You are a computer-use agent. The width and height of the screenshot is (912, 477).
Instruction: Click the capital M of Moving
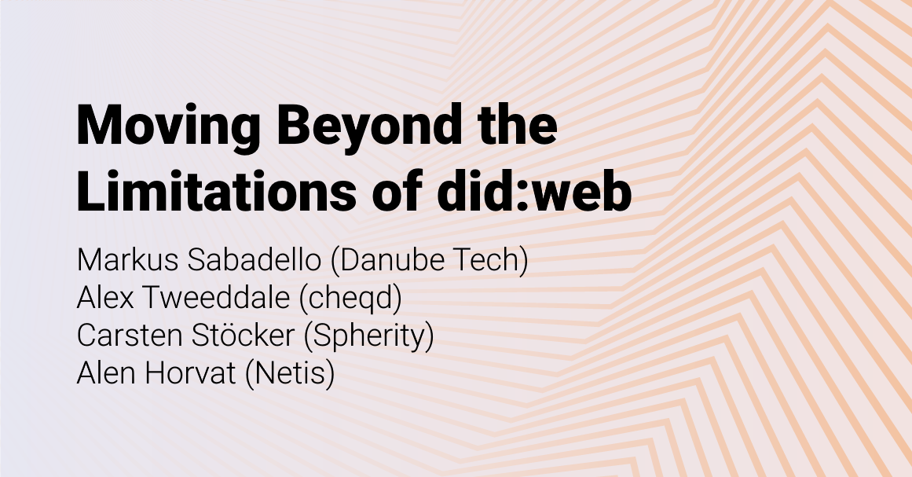pos(99,126)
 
